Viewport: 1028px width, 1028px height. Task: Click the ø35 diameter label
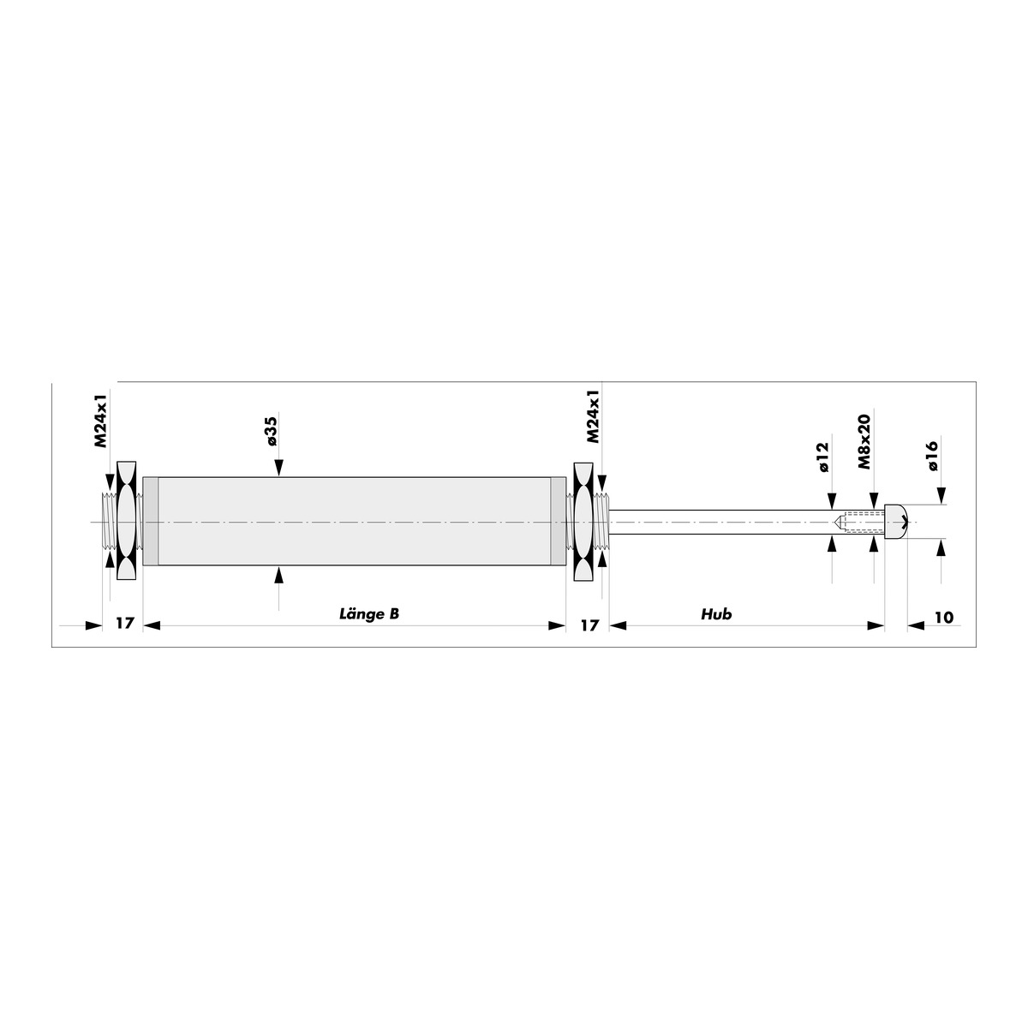tap(272, 431)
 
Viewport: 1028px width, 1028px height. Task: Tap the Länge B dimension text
tap(369, 614)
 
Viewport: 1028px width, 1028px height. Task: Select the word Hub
tap(716, 614)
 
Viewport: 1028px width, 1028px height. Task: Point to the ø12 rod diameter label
tap(823, 457)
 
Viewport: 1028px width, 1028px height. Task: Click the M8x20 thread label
tap(864, 442)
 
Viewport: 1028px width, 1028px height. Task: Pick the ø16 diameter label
tap(933, 456)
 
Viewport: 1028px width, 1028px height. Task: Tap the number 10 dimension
tap(944, 617)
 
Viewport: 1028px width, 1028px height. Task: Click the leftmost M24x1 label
tap(101, 418)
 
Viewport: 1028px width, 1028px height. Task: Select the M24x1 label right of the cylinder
tap(593, 416)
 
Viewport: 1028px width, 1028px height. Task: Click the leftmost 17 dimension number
tap(124, 623)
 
